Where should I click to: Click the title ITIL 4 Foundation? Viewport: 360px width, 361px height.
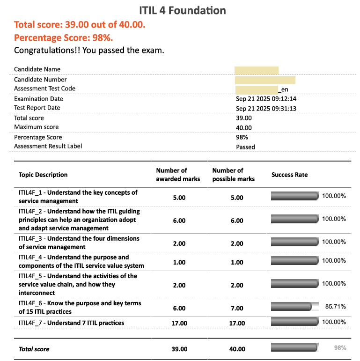coord(183,11)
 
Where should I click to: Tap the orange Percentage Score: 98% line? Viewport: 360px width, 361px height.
coord(63,38)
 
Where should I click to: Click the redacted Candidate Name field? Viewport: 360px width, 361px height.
coord(257,70)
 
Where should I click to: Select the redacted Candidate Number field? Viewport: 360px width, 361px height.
coord(265,80)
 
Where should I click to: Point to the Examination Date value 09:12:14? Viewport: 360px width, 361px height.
coord(266,99)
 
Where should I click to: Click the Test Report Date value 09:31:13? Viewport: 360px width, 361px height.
coord(266,109)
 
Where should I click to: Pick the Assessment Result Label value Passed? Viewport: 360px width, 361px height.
coord(245,147)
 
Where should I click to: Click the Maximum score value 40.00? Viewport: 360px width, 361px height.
coord(244,127)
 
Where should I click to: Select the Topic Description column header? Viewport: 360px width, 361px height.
coord(43,175)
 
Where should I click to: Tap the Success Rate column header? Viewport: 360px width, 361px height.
coord(289,175)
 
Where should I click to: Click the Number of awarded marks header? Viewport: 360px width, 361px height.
coord(178,175)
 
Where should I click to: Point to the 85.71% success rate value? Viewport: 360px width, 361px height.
coord(335,307)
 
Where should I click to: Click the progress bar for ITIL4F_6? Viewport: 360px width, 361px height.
coord(291,307)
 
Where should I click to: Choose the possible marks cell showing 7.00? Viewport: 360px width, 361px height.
coord(237,308)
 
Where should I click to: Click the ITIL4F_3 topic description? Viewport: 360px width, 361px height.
coord(79,243)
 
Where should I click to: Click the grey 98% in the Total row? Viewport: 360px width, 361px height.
coord(340,348)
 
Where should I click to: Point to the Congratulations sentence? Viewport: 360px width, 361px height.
coord(89,50)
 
